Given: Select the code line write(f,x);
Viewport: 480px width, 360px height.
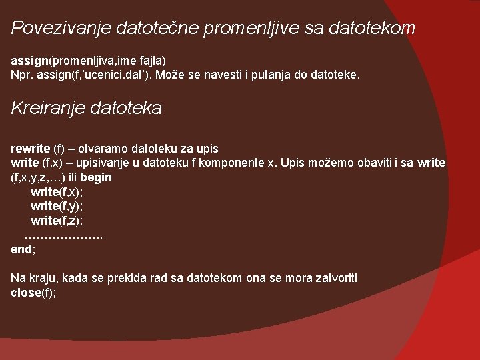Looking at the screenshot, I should pyautogui.click(x=57, y=192).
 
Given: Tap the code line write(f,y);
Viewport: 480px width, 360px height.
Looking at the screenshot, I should pyautogui.click(x=57, y=206).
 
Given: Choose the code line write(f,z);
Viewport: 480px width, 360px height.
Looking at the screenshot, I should pyautogui.click(x=57, y=220).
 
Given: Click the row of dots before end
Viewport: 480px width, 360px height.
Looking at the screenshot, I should pyautogui.click(x=64, y=235).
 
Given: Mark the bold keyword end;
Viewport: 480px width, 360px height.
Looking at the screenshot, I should pyautogui.click(x=23, y=249).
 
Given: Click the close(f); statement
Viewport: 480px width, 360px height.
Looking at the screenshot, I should pyautogui.click(x=33, y=292).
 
